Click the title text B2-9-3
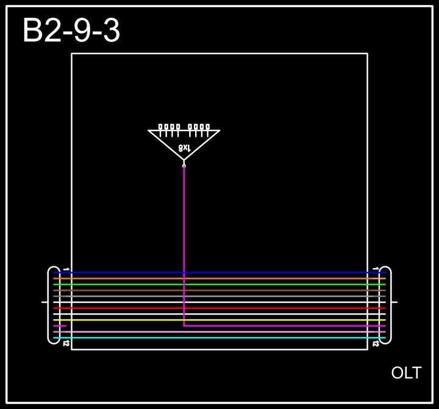71,31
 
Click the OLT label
406,373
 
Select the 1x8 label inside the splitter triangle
184,148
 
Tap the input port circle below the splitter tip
184,165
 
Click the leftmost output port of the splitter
160,127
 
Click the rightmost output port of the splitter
207,127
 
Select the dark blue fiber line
220,273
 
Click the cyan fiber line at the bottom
220,338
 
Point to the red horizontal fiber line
220,308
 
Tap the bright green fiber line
220,284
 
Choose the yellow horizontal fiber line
220,320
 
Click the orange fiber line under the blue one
220,278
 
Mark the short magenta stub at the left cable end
60,326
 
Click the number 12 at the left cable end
66,344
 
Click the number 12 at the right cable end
376,344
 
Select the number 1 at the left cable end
66,269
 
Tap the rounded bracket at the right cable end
390,305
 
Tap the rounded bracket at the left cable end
49,305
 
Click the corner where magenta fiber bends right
184,326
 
